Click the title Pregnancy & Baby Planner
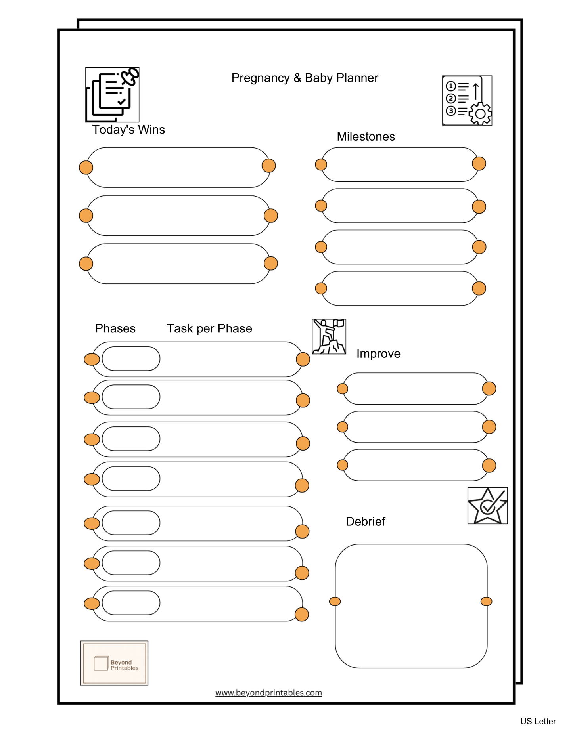pyautogui.click(x=305, y=78)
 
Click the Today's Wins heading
pyautogui.click(x=128, y=130)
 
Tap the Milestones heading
pyautogui.click(x=366, y=137)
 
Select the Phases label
pyautogui.click(x=115, y=328)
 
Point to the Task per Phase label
pyautogui.click(x=209, y=328)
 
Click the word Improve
pyautogui.click(x=378, y=353)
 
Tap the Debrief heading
pyautogui.click(x=365, y=521)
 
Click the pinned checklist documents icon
pyautogui.click(x=112, y=95)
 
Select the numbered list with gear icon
pyautogui.click(x=467, y=101)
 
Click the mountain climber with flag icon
pyautogui.click(x=329, y=336)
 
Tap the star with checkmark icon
pyautogui.click(x=487, y=506)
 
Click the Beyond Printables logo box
pyautogui.click(x=114, y=663)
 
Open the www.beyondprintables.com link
pyautogui.click(x=268, y=693)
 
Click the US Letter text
pyautogui.click(x=538, y=721)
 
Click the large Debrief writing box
pyautogui.click(x=411, y=606)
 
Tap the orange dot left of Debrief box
pyautogui.click(x=335, y=602)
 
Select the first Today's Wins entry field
pyautogui.click(x=178, y=167)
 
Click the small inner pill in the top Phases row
pyautogui.click(x=131, y=359)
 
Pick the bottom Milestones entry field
pyautogui.click(x=400, y=288)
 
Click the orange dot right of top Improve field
pyautogui.click(x=489, y=388)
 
